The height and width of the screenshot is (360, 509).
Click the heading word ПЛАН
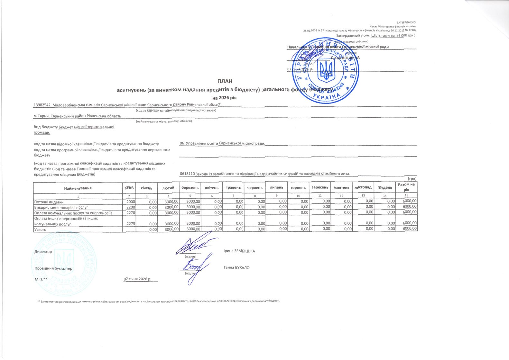(x=225, y=81)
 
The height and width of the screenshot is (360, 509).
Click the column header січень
(x=146, y=188)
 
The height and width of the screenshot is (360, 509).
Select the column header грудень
(x=385, y=187)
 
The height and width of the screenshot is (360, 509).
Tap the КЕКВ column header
(x=129, y=188)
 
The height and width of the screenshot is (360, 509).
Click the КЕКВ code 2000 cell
(x=131, y=202)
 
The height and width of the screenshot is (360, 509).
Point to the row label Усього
(x=40, y=230)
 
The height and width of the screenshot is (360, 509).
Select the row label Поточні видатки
(x=49, y=202)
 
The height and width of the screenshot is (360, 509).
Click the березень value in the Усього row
(x=193, y=229)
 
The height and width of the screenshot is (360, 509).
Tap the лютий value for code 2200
(x=171, y=207)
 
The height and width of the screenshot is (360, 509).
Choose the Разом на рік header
(x=406, y=187)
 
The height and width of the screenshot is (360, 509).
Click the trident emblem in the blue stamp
(x=326, y=71)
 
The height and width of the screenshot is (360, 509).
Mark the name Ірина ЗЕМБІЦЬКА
(x=239, y=251)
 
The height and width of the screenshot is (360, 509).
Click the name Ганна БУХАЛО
(x=236, y=267)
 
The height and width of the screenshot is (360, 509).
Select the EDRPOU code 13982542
(x=42, y=105)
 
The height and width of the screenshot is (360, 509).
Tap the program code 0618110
(x=187, y=174)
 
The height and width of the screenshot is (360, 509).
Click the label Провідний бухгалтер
(x=53, y=268)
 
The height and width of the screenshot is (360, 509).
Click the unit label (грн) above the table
(x=412, y=179)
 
